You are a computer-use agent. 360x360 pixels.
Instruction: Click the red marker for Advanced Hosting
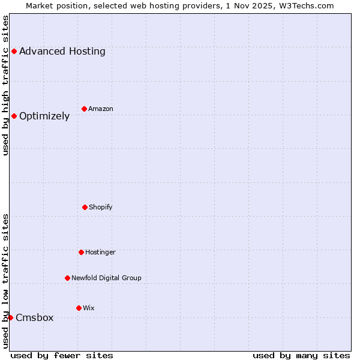[14, 52]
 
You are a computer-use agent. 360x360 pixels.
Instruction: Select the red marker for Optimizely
[14, 116]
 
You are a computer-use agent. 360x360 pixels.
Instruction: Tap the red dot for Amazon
[84, 109]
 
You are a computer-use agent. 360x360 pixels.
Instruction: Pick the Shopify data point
[85, 208]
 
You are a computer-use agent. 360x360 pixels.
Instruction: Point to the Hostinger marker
[81, 253]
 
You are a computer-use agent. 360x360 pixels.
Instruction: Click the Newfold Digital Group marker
[67, 278]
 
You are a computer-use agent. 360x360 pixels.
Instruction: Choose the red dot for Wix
[79, 308]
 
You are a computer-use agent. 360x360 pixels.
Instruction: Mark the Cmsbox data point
[10, 318]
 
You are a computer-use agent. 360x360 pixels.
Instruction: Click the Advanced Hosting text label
[62, 52]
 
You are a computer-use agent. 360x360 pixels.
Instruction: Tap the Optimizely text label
[44, 116]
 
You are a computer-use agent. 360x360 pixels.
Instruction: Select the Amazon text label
[101, 109]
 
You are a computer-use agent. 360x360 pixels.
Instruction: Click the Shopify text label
[101, 208]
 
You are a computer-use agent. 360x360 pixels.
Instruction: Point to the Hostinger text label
[100, 253]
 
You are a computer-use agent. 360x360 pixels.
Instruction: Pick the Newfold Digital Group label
[106, 278]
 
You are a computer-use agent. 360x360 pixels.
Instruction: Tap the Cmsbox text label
[35, 318]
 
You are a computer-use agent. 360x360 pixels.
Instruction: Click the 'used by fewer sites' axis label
[62, 356]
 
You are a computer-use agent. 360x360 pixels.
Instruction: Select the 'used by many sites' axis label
[301, 356]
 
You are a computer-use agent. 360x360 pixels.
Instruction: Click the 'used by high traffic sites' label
[5, 85]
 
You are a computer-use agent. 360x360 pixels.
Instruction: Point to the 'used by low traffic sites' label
[5, 281]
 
